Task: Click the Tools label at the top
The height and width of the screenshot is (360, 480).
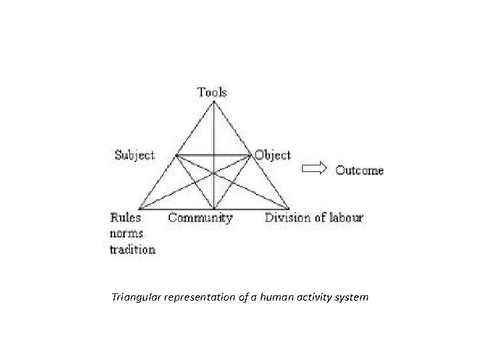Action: (212, 92)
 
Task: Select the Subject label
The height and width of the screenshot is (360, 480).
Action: (135, 155)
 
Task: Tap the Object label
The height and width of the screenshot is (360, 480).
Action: (273, 155)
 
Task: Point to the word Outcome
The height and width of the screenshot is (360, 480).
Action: (359, 170)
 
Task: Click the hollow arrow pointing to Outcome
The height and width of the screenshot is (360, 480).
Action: (315, 169)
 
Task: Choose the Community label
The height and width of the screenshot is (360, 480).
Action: (200, 217)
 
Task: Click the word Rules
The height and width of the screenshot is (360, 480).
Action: (125, 217)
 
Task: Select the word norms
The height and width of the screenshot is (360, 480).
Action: (127, 233)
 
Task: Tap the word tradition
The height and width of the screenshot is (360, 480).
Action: (133, 250)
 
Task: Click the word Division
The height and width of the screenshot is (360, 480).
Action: (285, 217)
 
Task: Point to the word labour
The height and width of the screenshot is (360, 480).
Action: (345, 217)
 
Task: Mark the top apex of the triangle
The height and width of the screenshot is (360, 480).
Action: (213, 101)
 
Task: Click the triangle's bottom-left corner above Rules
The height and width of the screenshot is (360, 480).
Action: (139, 209)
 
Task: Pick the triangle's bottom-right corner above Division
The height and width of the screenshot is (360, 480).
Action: (289, 209)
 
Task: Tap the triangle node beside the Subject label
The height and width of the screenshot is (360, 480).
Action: (177, 155)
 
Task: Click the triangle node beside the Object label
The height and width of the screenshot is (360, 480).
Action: (251, 155)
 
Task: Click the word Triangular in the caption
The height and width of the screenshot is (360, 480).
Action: (138, 297)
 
